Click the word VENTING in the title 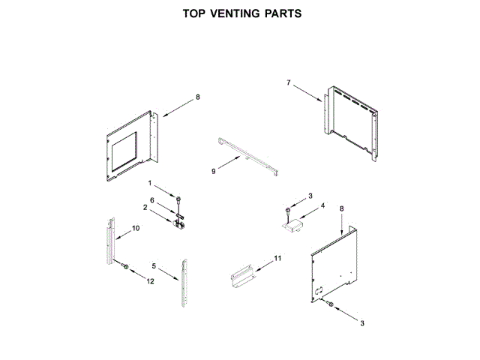click(x=232, y=13)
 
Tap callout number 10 click(x=136, y=228)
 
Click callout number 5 click(x=154, y=266)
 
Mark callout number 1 click(x=149, y=184)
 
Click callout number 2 click(x=145, y=207)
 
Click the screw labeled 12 click(x=126, y=267)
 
